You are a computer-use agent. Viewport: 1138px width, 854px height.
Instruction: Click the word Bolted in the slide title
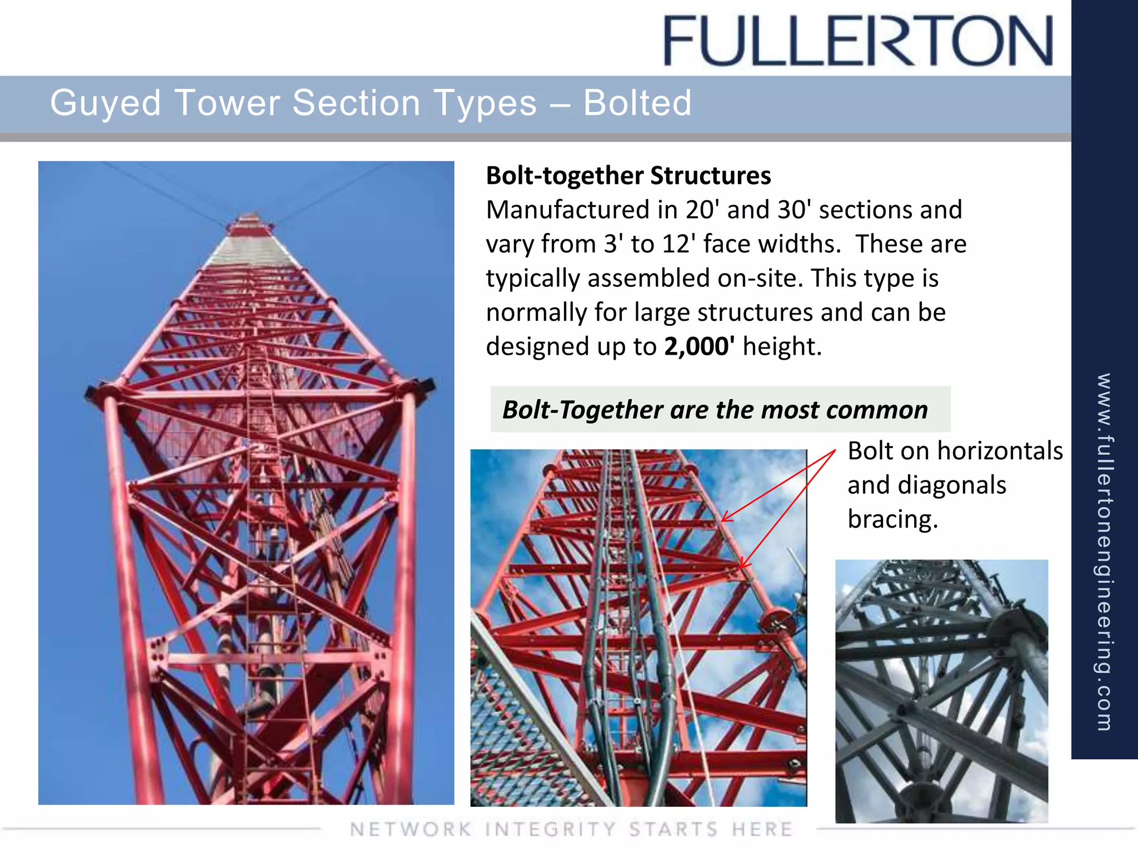[x=637, y=103]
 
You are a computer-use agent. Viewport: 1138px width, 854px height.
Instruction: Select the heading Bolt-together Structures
[x=628, y=176]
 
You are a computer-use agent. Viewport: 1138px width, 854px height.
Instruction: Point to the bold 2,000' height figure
[x=699, y=346]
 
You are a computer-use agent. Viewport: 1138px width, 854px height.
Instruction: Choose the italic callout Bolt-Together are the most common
[x=715, y=410]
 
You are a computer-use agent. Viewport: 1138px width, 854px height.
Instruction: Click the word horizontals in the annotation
[x=1000, y=451]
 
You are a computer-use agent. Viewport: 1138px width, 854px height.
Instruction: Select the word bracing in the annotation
[x=892, y=519]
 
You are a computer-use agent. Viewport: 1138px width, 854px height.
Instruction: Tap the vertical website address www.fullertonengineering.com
[x=1104, y=550]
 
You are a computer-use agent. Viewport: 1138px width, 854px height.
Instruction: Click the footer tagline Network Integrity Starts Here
[x=571, y=829]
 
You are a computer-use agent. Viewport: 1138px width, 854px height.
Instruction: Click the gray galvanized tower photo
[x=941, y=691]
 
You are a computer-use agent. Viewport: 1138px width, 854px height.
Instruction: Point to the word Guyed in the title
[x=106, y=103]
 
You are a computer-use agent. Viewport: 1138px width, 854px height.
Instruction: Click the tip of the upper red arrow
[x=722, y=521]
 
